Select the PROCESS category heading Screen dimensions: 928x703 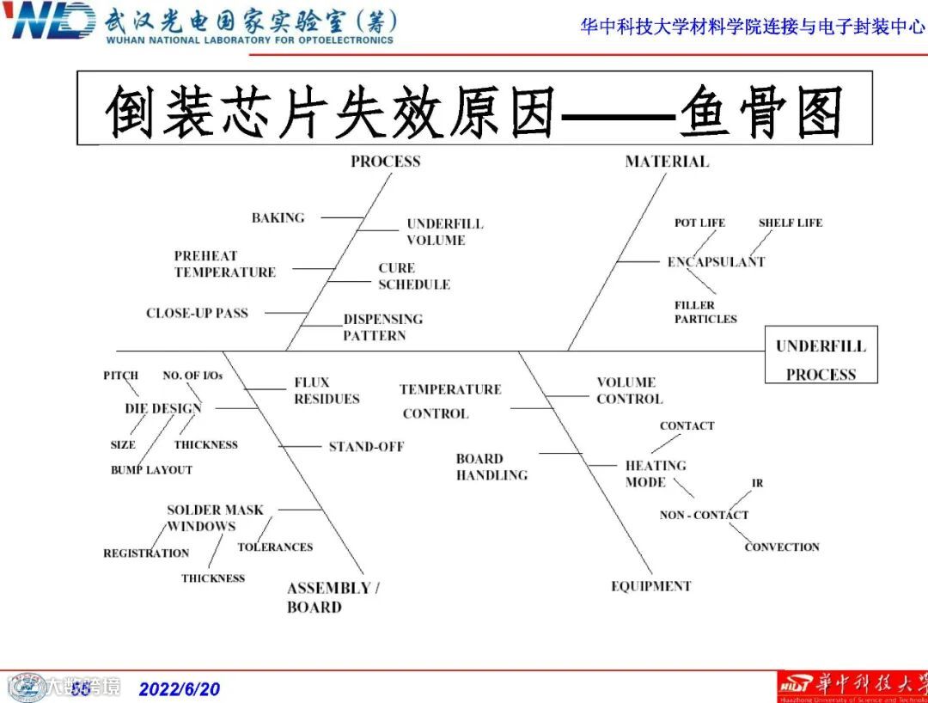point(386,162)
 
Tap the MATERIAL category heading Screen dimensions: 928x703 point(667,162)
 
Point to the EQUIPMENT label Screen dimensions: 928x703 point(650,586)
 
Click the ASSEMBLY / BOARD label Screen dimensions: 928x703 point(333,597)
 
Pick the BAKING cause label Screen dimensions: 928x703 point(278,217)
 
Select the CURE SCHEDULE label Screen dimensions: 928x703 point(413,276)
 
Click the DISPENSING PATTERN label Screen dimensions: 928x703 point(382,327)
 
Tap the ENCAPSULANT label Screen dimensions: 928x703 point(716,262)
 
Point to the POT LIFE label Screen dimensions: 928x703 point(699,223)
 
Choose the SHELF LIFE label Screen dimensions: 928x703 point(790,223)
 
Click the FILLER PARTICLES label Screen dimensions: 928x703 point(705,312)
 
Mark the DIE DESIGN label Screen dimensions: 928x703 point(163,408)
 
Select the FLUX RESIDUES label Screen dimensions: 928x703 point(327,391)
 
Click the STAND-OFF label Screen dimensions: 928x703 point(366,447)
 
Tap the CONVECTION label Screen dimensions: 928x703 point(782,547)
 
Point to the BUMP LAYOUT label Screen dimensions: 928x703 point(151,470)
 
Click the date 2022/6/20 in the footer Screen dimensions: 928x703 point(180,689)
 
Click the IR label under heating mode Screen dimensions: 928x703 point(757,483)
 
